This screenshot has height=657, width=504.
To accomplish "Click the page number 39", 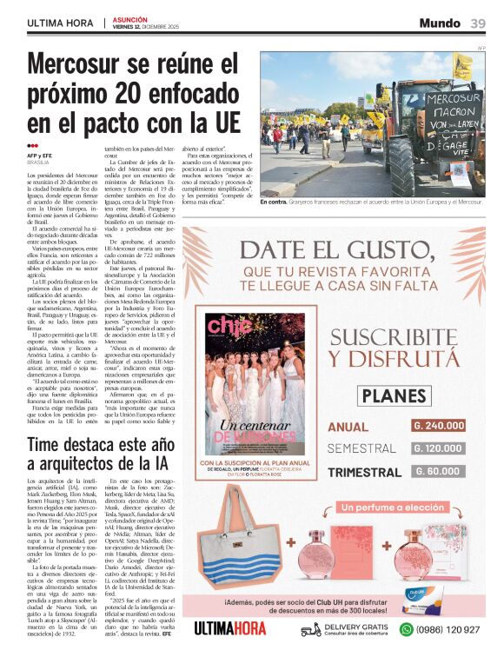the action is point(478,23).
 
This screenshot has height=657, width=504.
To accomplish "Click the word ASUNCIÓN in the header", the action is point(130,18).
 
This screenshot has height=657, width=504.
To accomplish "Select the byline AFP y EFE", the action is point(41,156).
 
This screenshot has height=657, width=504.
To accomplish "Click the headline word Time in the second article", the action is point(55,446).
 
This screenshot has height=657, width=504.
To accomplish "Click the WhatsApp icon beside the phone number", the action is point(406,629).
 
